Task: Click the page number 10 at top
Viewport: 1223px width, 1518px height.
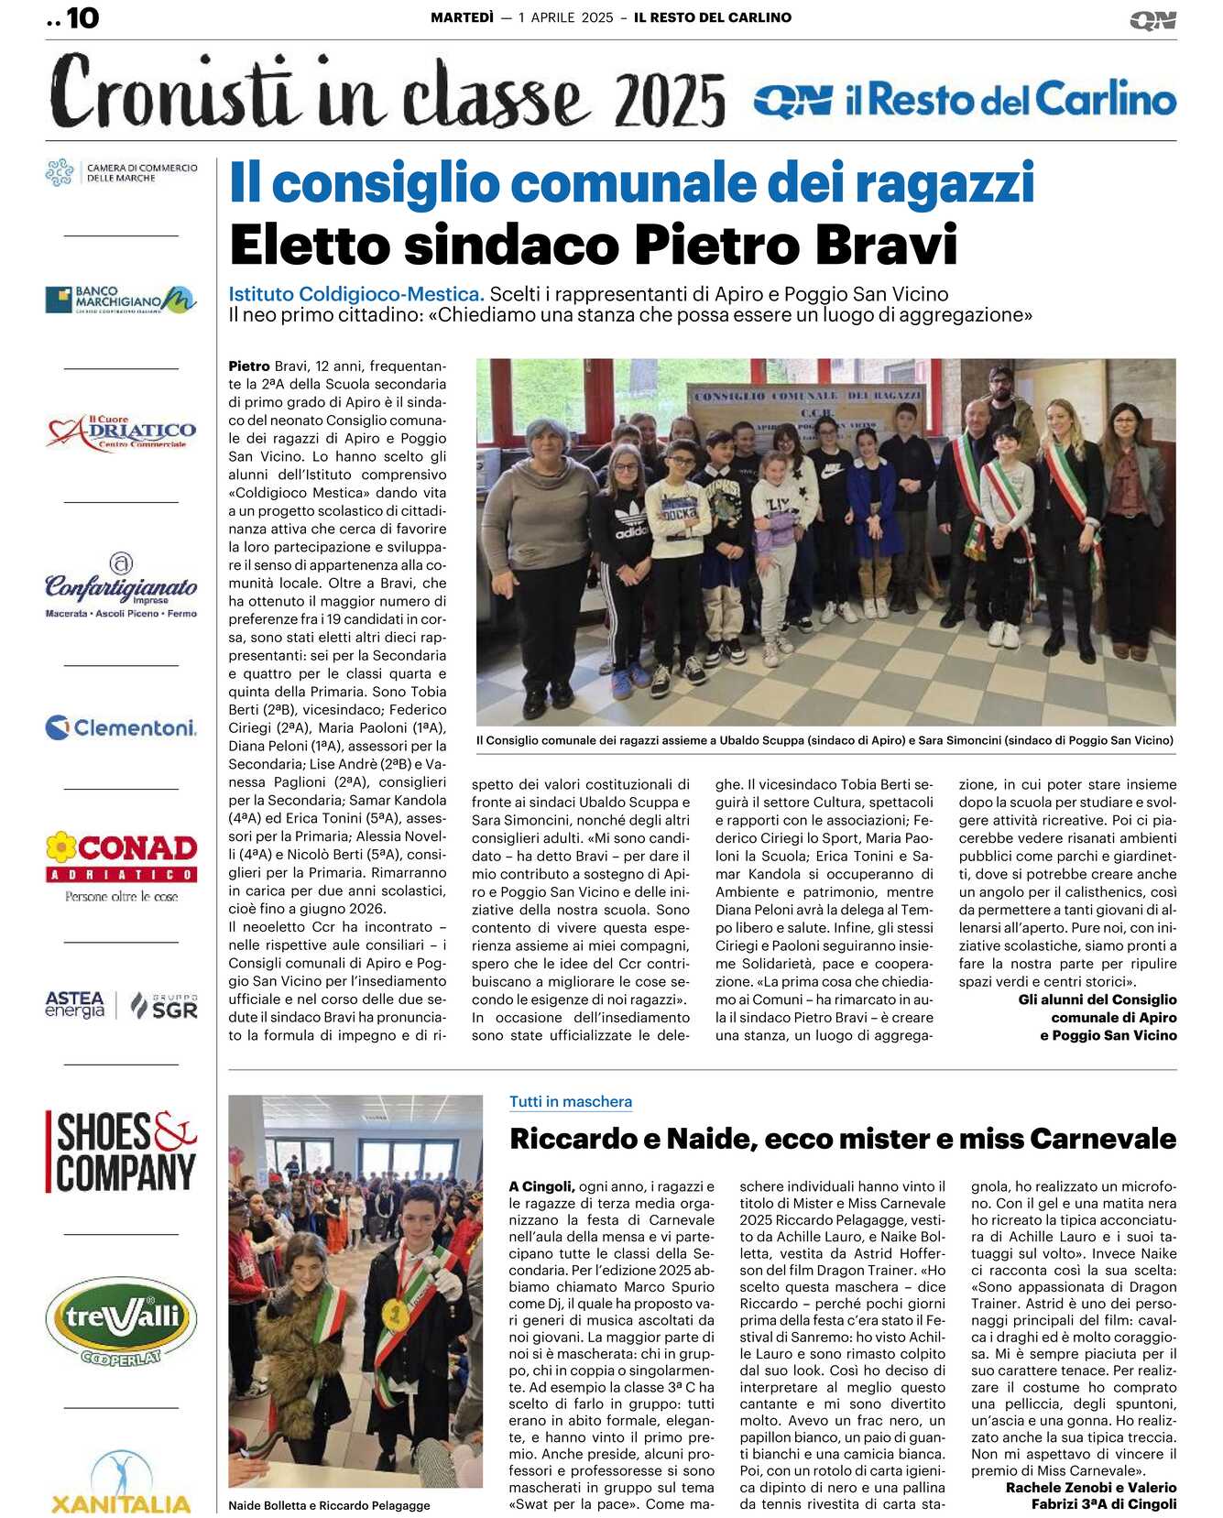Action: [82, 18]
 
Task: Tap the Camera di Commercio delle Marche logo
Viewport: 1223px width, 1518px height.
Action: [122, 172]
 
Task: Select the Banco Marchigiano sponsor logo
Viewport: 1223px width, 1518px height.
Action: [121, 300]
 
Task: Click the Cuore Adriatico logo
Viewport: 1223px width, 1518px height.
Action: [122, 432]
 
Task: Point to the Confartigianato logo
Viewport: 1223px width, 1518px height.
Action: [121, 586]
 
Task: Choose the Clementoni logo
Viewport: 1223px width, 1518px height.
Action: [121, 728]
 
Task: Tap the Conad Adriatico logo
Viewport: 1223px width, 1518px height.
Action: [122, 864]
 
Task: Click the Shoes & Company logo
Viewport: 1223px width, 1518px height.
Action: [122, 1152]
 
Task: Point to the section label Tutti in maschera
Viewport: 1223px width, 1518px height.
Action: [571, 1102]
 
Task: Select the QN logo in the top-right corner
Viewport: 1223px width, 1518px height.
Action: [1152, 20]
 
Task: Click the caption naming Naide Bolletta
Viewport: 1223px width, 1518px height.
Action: [329, 1505]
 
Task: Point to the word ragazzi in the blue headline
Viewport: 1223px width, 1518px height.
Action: [945, 183]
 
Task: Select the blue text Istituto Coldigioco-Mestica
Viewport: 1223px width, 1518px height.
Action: [356, 294]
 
